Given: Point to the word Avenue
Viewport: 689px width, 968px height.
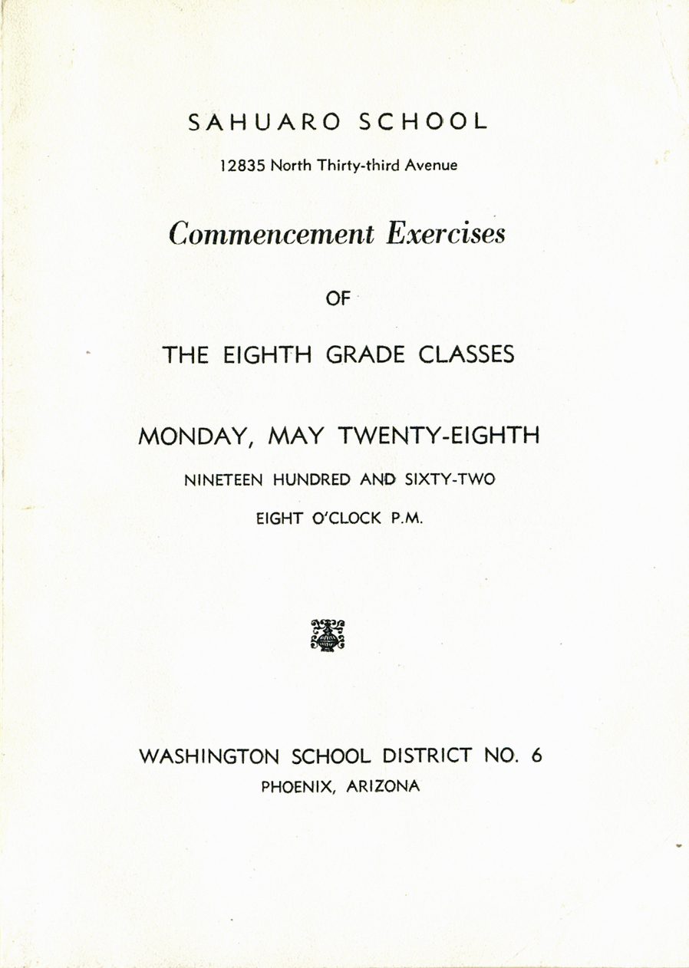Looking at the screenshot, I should click(x=430, y=165).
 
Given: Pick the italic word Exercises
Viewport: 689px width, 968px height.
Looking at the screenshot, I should click(x=446, y=233).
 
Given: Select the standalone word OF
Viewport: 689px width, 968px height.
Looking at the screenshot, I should click(x=338, y=300).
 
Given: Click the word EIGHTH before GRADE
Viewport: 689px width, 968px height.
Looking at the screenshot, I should click(x=266, y=356).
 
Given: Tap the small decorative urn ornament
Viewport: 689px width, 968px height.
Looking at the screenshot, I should click(x=328, y=634).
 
